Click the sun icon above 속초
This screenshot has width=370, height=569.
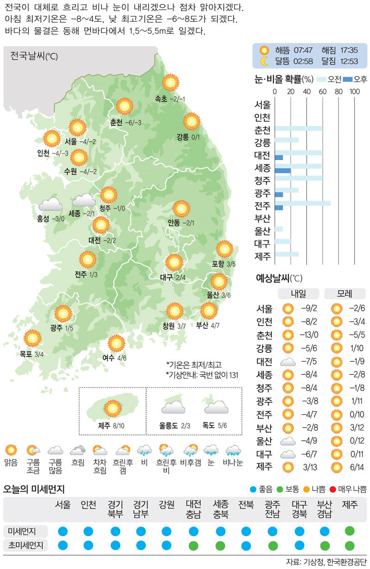(171, 83)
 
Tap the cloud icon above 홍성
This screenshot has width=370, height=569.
(50, 204)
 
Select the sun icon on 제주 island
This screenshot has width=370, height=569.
(111, 408)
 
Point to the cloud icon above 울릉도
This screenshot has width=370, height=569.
(173, 407)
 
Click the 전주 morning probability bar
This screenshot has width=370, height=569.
(302, 202)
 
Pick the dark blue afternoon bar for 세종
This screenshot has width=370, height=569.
(283, 171)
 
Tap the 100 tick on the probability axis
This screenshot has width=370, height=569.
(355, 92)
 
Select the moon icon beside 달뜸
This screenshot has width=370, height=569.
(264, 61)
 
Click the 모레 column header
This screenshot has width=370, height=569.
(345, 294)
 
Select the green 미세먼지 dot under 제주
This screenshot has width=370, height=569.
(350, 530)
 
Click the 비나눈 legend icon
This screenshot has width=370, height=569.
(233, 450)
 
